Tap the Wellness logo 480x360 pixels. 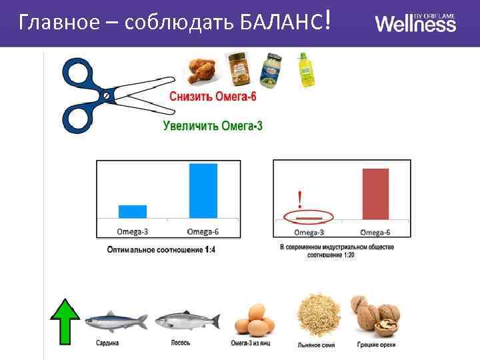pyautogui.click(x=416, y=23)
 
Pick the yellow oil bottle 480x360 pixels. pyautogui.click(x=305, y=71)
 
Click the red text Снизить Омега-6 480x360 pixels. pyautogui.click(x=213, y=97)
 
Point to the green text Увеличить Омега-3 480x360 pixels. pyautogui.click(x=213, y=125)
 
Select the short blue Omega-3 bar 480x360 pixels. pyautogui.click(x=133, y=211)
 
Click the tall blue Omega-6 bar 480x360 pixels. pyautogui.click(x=203, y=191)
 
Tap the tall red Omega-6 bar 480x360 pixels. pyautogui.click(x=375, y=193)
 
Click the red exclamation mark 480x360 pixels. pyautogui.click(x=300, y=199)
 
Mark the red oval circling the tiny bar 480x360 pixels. pyautogui.click(x=309, y=217)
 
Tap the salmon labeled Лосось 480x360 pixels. pyautogui.click(x=187, y=321)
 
